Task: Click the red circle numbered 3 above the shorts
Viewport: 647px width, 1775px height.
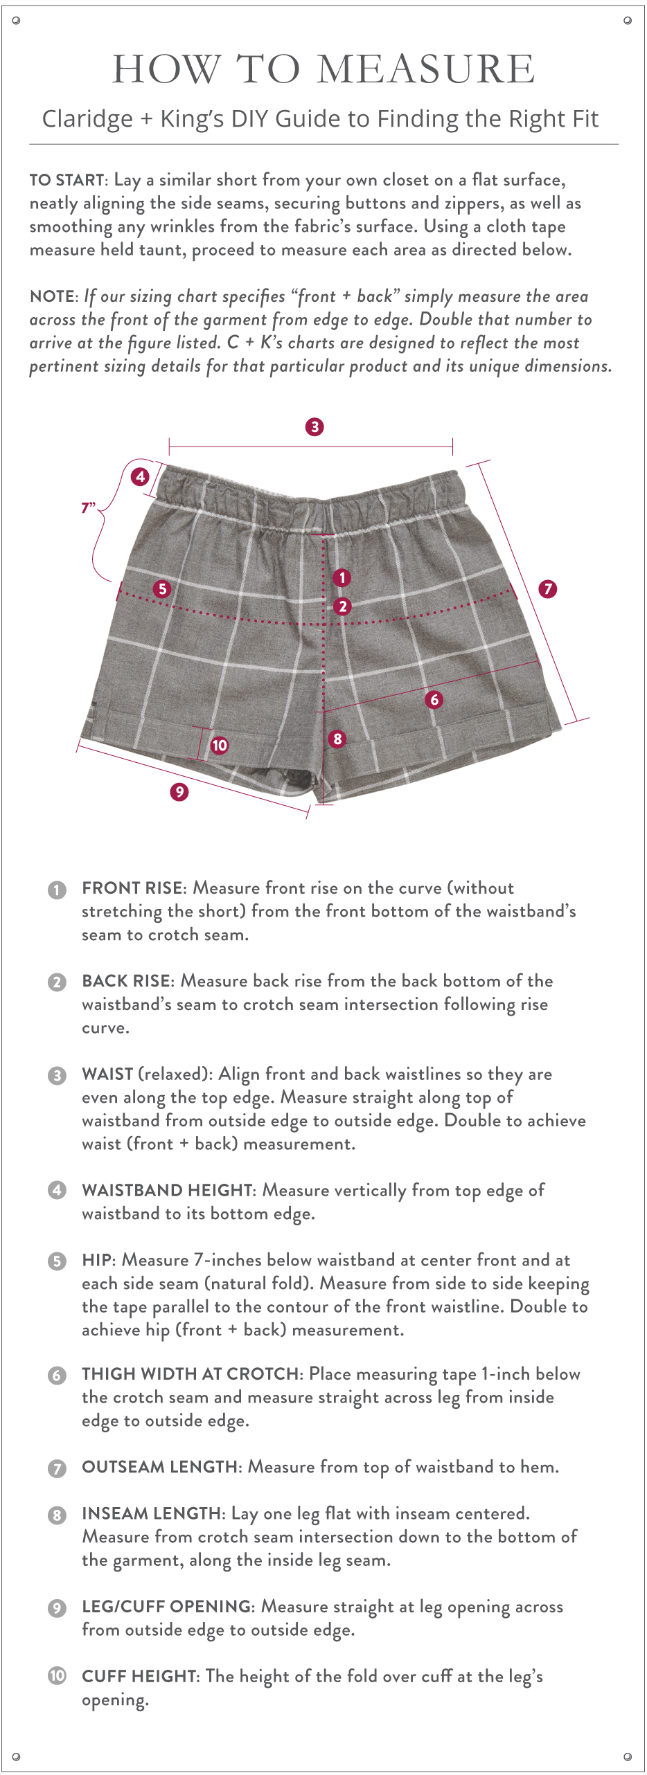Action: pos(314,426)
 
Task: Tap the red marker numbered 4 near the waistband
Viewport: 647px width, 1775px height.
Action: pos(141,476)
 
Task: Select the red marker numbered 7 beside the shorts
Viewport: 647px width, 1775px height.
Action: pos(548,589)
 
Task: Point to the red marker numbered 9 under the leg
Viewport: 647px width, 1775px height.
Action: pos(179,791)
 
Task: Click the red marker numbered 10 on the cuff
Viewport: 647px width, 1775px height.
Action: pos(220,745)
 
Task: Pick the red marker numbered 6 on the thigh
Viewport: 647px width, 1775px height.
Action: pos(434,699)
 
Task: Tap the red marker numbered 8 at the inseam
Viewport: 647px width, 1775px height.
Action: pos(337,739)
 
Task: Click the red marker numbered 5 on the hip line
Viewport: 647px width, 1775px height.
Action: pos(162,588)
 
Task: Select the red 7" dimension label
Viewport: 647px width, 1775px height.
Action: pos(88,508)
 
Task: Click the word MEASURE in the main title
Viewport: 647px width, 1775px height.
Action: pos(425,69)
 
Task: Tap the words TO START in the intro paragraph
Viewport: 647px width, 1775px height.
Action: pos(67,181)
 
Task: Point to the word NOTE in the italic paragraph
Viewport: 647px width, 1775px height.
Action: pos(52,297)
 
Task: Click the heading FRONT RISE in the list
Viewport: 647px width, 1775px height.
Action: pos(132,888)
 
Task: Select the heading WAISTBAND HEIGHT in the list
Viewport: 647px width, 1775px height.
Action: pos(167,1191)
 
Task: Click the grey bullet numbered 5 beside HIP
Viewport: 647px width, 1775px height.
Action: pos(57,1261)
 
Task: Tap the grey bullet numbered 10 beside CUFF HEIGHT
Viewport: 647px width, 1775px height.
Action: pos(57,1676)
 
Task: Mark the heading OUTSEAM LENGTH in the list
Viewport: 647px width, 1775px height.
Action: pos(159,1467)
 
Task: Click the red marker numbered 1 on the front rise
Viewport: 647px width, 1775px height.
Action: pos(342,577)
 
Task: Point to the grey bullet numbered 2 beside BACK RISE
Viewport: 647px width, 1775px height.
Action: pos(57,982)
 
